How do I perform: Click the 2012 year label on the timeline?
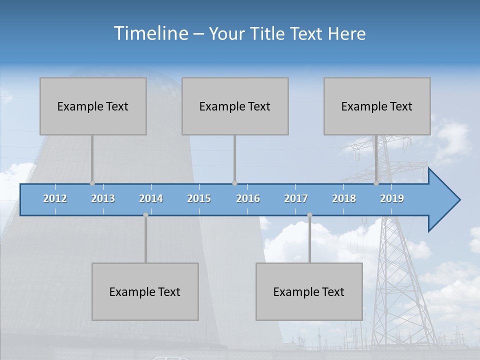click(55, 198)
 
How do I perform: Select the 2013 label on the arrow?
click(103, 198)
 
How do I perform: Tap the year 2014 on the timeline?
click(151, 198)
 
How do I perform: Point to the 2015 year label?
click(199, 198)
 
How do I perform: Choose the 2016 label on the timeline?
click(248, 198)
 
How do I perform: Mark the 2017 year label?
click(296, 198)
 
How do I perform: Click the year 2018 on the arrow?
click(344, 198)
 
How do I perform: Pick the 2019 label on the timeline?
click(392, 198)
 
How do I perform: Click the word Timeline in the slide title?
click(150, 33)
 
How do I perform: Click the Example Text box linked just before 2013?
click(93, 106)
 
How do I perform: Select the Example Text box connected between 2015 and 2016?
click(235, 106)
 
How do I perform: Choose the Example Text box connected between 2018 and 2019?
click(377, 106)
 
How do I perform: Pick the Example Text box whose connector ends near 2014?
click(145, 291)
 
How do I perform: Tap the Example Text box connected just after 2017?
click(309, 291)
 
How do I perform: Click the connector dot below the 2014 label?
click(145, 215)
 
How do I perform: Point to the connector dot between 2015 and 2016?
click(234, 183)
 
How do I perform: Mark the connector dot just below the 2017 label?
click(309, 215)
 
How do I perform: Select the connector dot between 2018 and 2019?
click(376, 183)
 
